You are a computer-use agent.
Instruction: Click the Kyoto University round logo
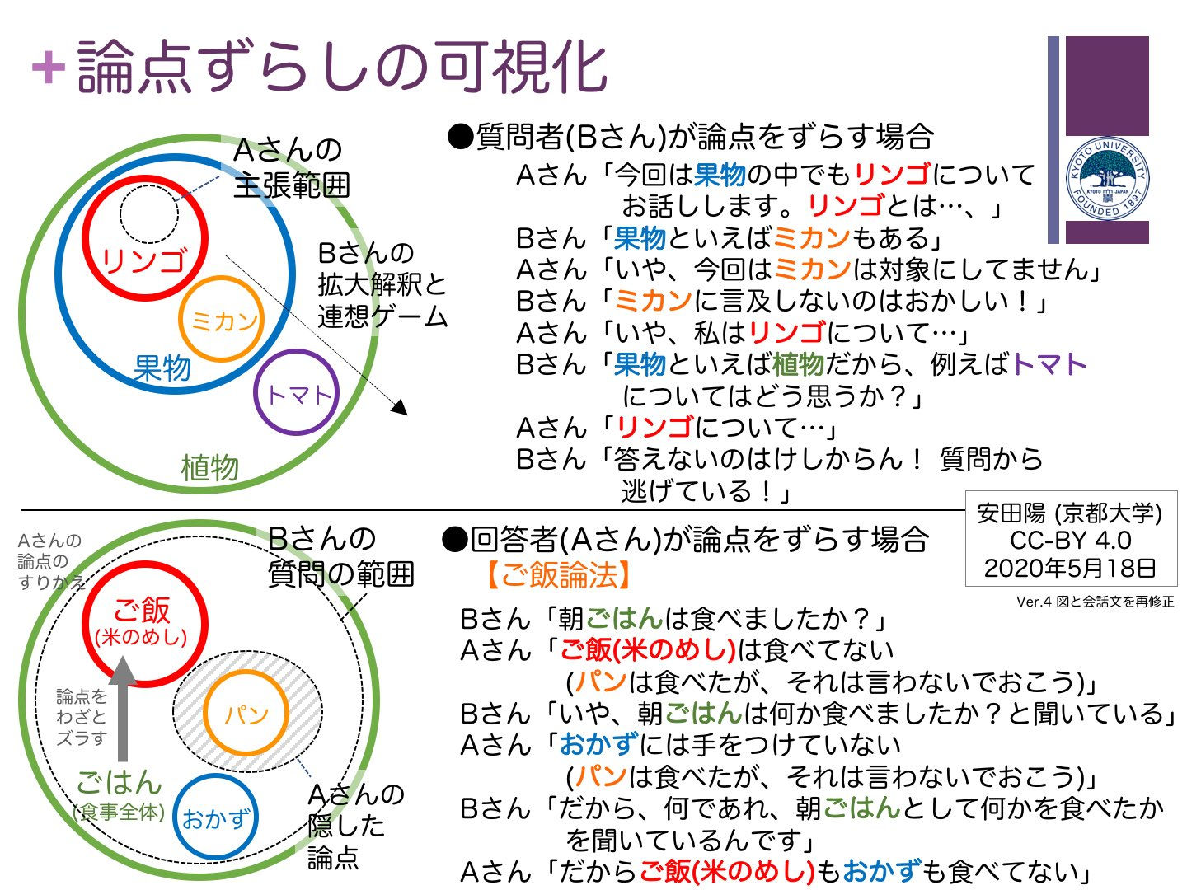click(x=1108, y=179)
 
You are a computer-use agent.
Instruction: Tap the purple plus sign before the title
click(x=48, y=67)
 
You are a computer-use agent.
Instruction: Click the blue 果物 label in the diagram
click(x=162, y=368)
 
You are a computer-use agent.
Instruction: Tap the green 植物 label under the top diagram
click(x=209, y=468)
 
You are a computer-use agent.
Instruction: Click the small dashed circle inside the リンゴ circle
click(x=148, y=213)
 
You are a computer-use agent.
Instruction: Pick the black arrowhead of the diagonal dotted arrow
click(x=400, y=407)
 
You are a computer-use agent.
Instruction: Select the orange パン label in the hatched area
click(x=246, y=714)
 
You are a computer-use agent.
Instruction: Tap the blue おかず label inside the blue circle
click(x=215, y=818)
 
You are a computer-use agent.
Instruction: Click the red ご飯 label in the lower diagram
click(x=142, y=611)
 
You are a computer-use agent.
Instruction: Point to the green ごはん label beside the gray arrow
click(x=119, y=781)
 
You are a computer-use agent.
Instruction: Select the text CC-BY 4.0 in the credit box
click(x=1070, y=541)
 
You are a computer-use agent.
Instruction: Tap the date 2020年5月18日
click(x=1070, y=568)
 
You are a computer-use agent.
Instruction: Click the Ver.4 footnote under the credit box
click(x=1095, y=602)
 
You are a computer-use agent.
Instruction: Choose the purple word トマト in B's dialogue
click(x=1049, y=363)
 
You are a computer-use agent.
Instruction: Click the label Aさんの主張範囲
click(x=291, y=167)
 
